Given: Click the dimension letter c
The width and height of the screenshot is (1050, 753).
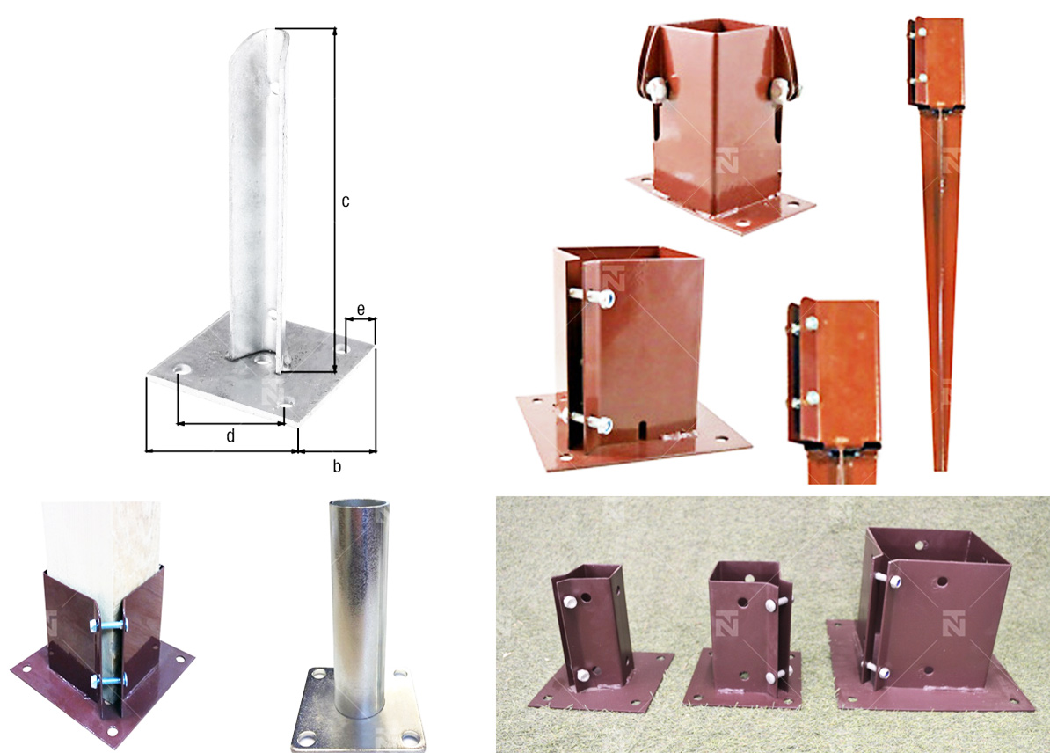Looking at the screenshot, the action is [x=345, y=201].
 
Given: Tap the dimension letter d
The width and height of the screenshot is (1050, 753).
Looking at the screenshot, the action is [x=230, y=436].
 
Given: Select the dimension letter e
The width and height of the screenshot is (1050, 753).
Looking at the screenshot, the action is [x=361, y=310].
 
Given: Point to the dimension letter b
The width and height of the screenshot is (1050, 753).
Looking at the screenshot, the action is [x=337, y=465].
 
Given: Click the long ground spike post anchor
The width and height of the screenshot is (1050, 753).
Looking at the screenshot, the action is [x=937, y=241].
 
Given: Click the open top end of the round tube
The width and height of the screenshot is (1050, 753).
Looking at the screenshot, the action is [x=358, y=502].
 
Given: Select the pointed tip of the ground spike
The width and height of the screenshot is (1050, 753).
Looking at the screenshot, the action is [x=940, y=469].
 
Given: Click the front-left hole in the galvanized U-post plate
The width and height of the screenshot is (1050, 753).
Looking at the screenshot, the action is [x=181, y=369].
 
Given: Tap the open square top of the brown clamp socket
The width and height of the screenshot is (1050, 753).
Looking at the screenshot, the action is [x=717, y=26].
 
